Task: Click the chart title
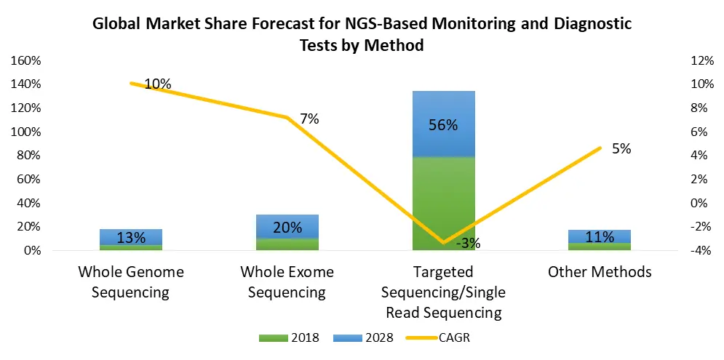point(362,34)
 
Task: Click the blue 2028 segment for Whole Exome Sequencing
point(287,226)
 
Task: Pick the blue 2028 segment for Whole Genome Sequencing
point(131,237)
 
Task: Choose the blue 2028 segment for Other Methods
point(600,236)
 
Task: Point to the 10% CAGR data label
point(158,84)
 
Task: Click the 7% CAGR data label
point(309,119)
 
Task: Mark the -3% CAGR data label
point(468,244)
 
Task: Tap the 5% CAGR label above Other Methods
point(621,149)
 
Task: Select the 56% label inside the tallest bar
point(443,125)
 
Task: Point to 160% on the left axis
point(26,60)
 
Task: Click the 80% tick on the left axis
point(29,156)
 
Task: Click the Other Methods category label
point(600,272)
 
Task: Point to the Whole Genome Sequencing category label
point(131,282)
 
